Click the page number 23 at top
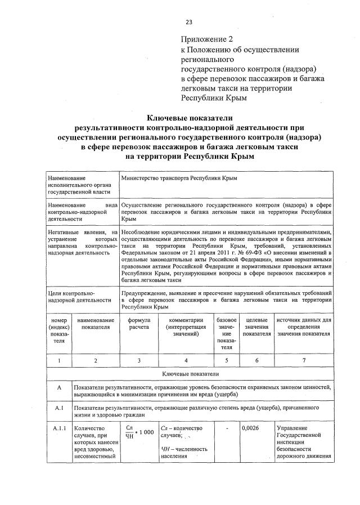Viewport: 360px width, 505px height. coord(189,22)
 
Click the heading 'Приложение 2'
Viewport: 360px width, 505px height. coord(206,39)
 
